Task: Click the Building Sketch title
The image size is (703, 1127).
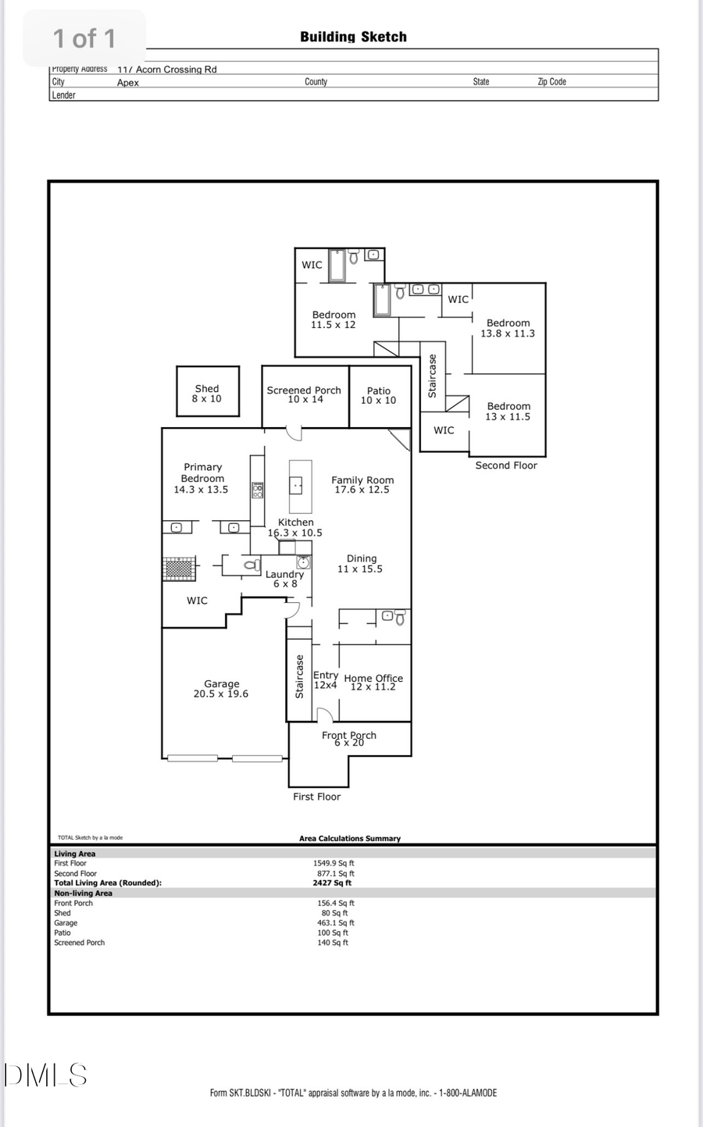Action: tap(353, 37)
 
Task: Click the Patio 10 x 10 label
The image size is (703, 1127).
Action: tap(378, 395)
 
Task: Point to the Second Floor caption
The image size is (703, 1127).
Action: tap(506, 465)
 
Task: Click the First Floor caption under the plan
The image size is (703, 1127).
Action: tap(316, 797)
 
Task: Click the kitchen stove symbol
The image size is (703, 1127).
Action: tap(258, 490)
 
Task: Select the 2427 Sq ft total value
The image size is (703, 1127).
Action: tap(332, 883)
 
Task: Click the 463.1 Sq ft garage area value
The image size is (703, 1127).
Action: tap(336, 923)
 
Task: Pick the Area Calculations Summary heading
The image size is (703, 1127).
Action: tap(350, 839)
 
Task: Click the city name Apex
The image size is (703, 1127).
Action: tap(128, 83)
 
